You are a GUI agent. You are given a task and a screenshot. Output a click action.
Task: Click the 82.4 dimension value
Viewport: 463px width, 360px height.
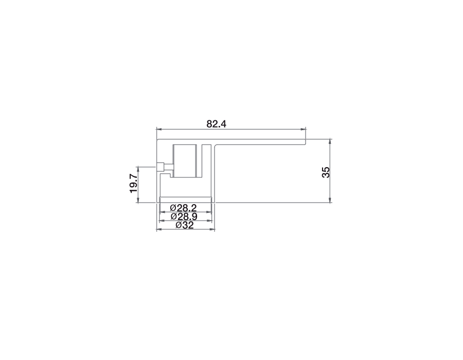click(x=216, y=124)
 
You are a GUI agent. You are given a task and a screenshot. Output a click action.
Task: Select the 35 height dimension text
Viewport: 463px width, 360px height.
click(x=326, y=172)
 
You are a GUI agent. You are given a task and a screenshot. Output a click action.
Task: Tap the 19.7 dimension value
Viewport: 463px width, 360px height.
click(x=133, y=184)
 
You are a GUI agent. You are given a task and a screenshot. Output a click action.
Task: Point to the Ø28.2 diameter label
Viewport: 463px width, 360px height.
click(x=183, y=207)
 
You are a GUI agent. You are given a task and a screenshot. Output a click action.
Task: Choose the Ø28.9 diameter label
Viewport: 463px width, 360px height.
click(x=184, y=217)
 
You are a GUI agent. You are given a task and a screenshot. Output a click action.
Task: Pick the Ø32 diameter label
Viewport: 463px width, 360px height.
click(x=185, y=225)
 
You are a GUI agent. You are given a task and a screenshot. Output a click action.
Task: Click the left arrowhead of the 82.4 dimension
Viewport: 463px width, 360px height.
click(x=159, y=129)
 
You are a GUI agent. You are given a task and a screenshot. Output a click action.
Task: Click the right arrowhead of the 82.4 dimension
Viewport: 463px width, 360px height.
click(x=303, y=129)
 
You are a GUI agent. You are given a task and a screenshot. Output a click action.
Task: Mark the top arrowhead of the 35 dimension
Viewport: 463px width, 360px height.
click(x=330, y=141)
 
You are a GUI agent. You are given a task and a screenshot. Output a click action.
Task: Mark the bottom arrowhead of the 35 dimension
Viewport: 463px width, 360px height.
click(x=330, y=200)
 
